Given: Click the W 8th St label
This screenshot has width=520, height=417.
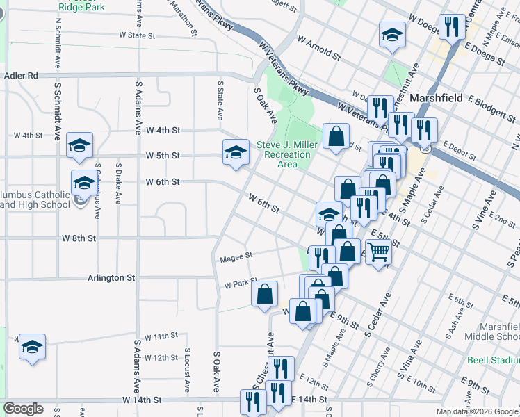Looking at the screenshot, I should point(78,238).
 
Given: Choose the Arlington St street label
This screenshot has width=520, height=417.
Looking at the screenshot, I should point(111,277).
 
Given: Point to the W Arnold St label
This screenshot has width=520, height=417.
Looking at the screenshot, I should point(319,49).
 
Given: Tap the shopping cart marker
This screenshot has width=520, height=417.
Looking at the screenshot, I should point(378,252).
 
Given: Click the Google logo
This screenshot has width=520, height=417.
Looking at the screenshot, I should point(24,408).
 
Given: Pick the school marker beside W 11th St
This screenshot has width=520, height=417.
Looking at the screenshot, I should point(32,346).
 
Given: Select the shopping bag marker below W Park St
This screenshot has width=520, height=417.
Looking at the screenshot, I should point(265,294).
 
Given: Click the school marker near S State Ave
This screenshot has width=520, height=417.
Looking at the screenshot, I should point(236,152).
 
